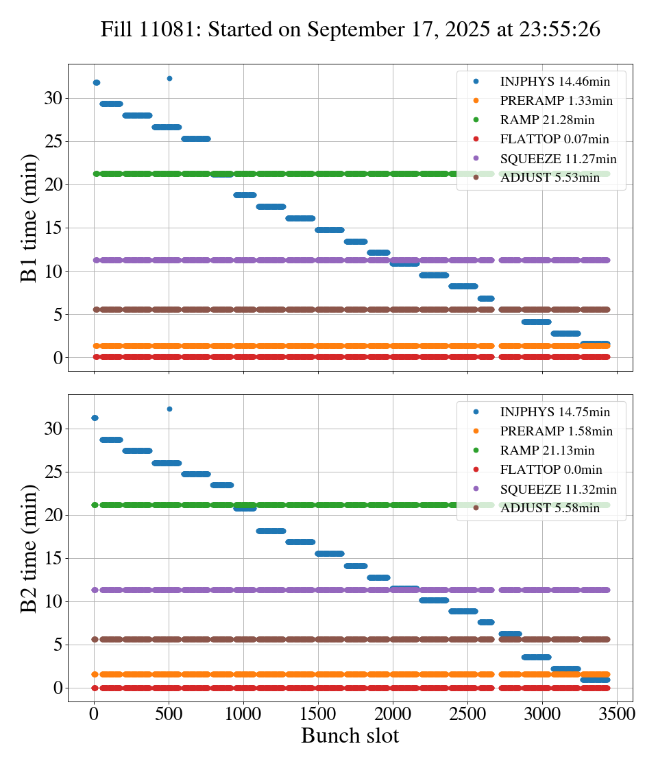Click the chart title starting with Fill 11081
pos(350,29)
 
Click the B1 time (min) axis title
pos(29,218)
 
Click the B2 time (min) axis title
pos(29,548)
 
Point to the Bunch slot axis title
pos(350,736)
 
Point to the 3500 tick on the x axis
pos(618,713)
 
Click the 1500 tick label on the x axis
pos(318,713)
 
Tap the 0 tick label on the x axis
pos(94,713)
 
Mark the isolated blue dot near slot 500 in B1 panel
pos(169,79)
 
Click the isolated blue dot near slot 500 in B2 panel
pos(169,409)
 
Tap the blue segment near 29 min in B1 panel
pos(111,104)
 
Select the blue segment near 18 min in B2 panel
pos(270,531)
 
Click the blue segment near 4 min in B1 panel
pos(536,322)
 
